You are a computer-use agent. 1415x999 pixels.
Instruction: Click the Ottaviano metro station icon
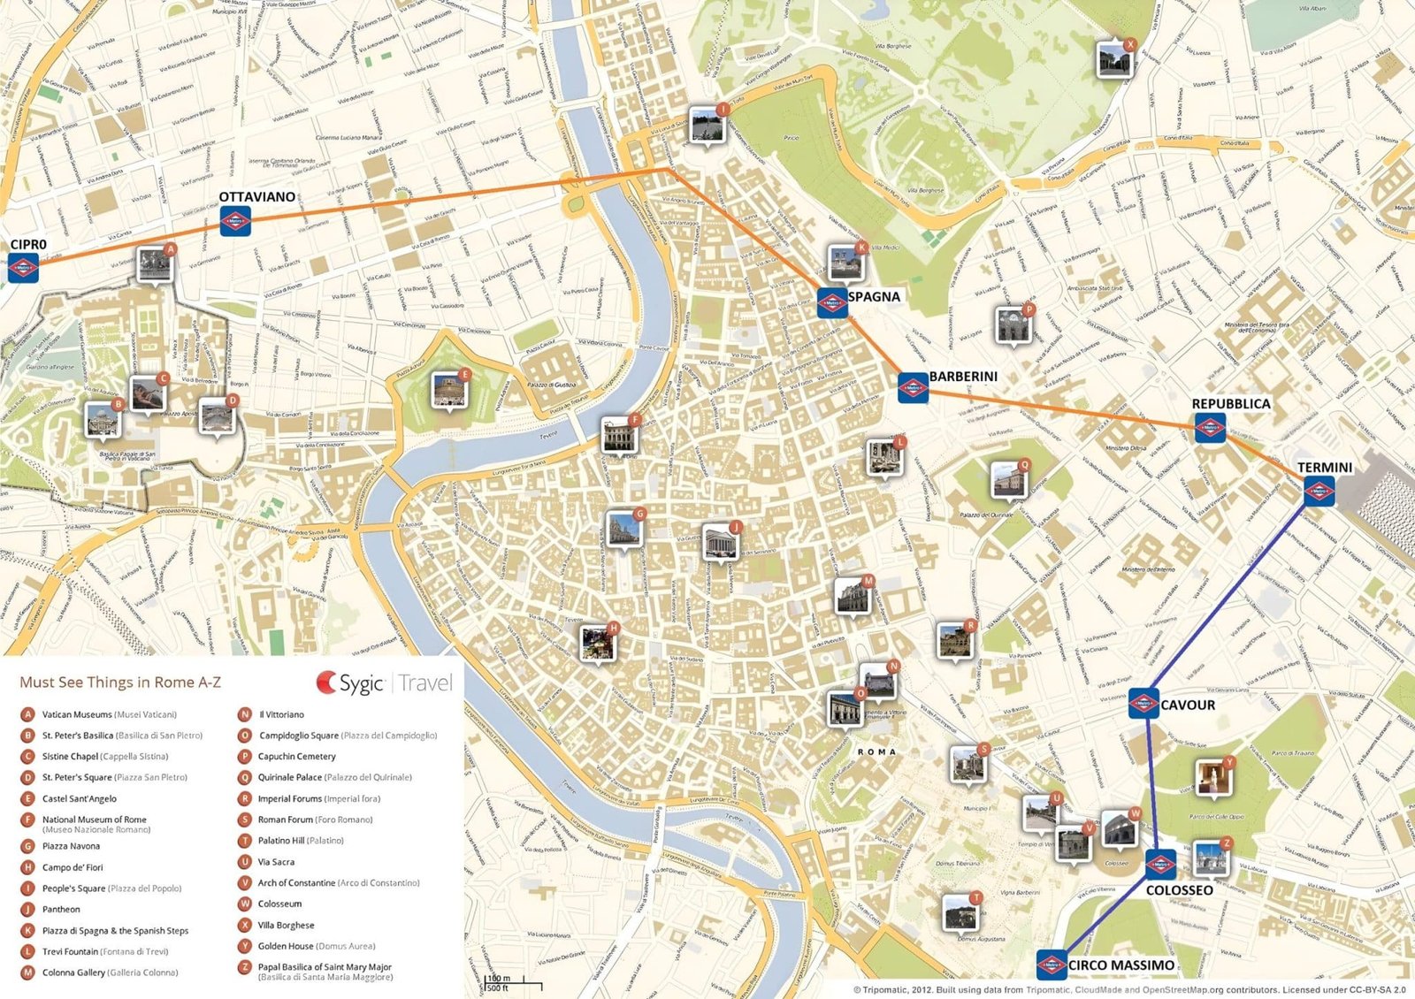pyautogui.click(x=234, y=221)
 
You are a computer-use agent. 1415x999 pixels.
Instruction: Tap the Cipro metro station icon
pyautogui.click(x=23, y=267)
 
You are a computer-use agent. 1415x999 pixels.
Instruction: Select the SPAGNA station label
pyautogui.click(x=874, y=297)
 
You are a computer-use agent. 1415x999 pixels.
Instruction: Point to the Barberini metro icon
pyautogui.click(x=913, y=387)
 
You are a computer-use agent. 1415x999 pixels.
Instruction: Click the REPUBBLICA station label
pyautogui.click(x=1230, y=404)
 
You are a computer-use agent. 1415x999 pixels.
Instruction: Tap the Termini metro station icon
pyautogui.click(x=1319, y=491)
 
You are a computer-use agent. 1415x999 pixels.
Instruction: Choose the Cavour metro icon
pyautogui.click(x=1143, y=704)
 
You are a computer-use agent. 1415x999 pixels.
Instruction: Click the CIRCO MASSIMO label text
pyautogui.click(x=1121, y=965)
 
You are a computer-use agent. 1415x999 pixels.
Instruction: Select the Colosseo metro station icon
pyautogui.click(x=1160, y=865)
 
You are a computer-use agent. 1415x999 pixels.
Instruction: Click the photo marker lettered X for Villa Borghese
pyautogui.click(x=1113, y=60)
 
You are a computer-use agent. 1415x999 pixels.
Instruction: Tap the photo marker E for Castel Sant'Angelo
pyautogui.click(x=450, y=390)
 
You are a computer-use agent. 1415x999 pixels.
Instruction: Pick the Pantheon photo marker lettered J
pyautogui.click(x=719, y=541)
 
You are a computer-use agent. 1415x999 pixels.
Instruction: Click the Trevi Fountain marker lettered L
pyautogui.click(x=883, y=457)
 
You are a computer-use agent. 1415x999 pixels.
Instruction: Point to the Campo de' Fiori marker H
pyautogui.click(x=597, y=643)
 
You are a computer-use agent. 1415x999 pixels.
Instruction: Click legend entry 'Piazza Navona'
pyautogui.click(x=71, y=846)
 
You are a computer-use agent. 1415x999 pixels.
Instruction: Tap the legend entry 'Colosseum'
pyautogui.click(x=279, y=904)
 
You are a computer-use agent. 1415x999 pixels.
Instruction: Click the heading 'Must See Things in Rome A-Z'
pyautogui.click(x=120, y=683)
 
